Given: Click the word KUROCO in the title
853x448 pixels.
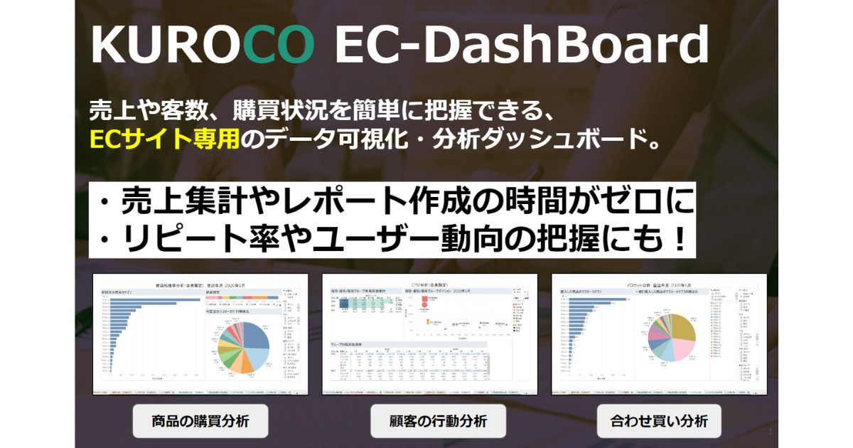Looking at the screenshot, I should tap(203, 45).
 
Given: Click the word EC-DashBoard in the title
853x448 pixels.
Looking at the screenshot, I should tap(520, 45).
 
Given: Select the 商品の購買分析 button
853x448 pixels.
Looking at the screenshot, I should tap(200, 421).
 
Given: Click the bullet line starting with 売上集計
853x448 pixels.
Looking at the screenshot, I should tap(391, 201).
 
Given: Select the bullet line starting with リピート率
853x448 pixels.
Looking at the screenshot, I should tap(391, 240).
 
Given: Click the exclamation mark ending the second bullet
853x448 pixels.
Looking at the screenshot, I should tap(679, 240).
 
